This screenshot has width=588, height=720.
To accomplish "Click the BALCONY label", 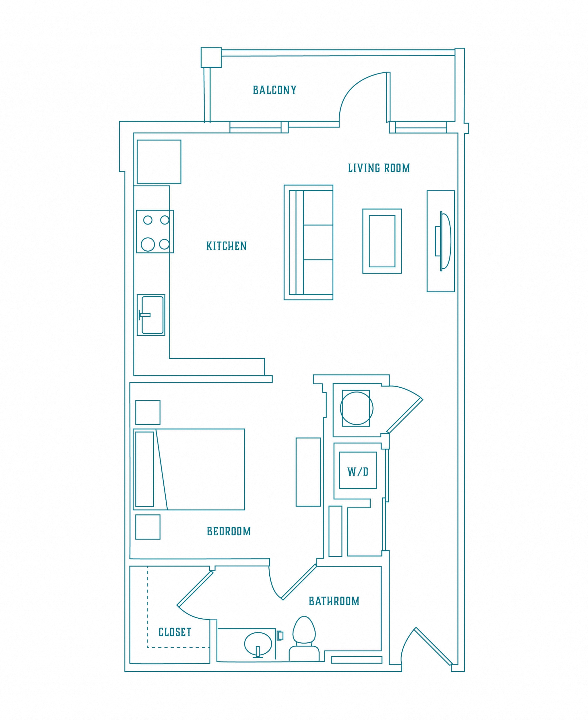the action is [x=275, y=90].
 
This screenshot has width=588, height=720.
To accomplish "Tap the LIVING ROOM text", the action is [x=379, y=168].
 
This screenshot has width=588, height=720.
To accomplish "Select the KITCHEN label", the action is [x=227, y=246].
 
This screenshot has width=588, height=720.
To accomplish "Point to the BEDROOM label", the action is [x=229, y=531].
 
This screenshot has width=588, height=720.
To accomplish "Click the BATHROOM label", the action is [x=334, y=601].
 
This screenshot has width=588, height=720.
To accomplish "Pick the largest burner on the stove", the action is [x=148, y=244].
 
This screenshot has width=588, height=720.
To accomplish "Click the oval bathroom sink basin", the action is [x=258, y=644].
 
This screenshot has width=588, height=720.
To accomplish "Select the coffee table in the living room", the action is [x=382, y=241].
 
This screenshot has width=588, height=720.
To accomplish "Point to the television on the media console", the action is [x=443, y=241].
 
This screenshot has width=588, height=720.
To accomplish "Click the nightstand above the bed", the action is [x=148, y=412].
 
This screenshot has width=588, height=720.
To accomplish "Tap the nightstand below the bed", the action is [x=148, y=527].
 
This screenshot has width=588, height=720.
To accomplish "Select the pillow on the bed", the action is [x=145, y=469].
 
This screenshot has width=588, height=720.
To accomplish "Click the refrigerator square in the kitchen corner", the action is [x=159, y=162].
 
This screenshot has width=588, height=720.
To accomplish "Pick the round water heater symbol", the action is [x=357, y=408].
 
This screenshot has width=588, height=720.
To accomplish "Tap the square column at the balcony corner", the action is [x=211, y=58].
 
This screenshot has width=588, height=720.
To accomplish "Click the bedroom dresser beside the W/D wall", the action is [x=308, y=472].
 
